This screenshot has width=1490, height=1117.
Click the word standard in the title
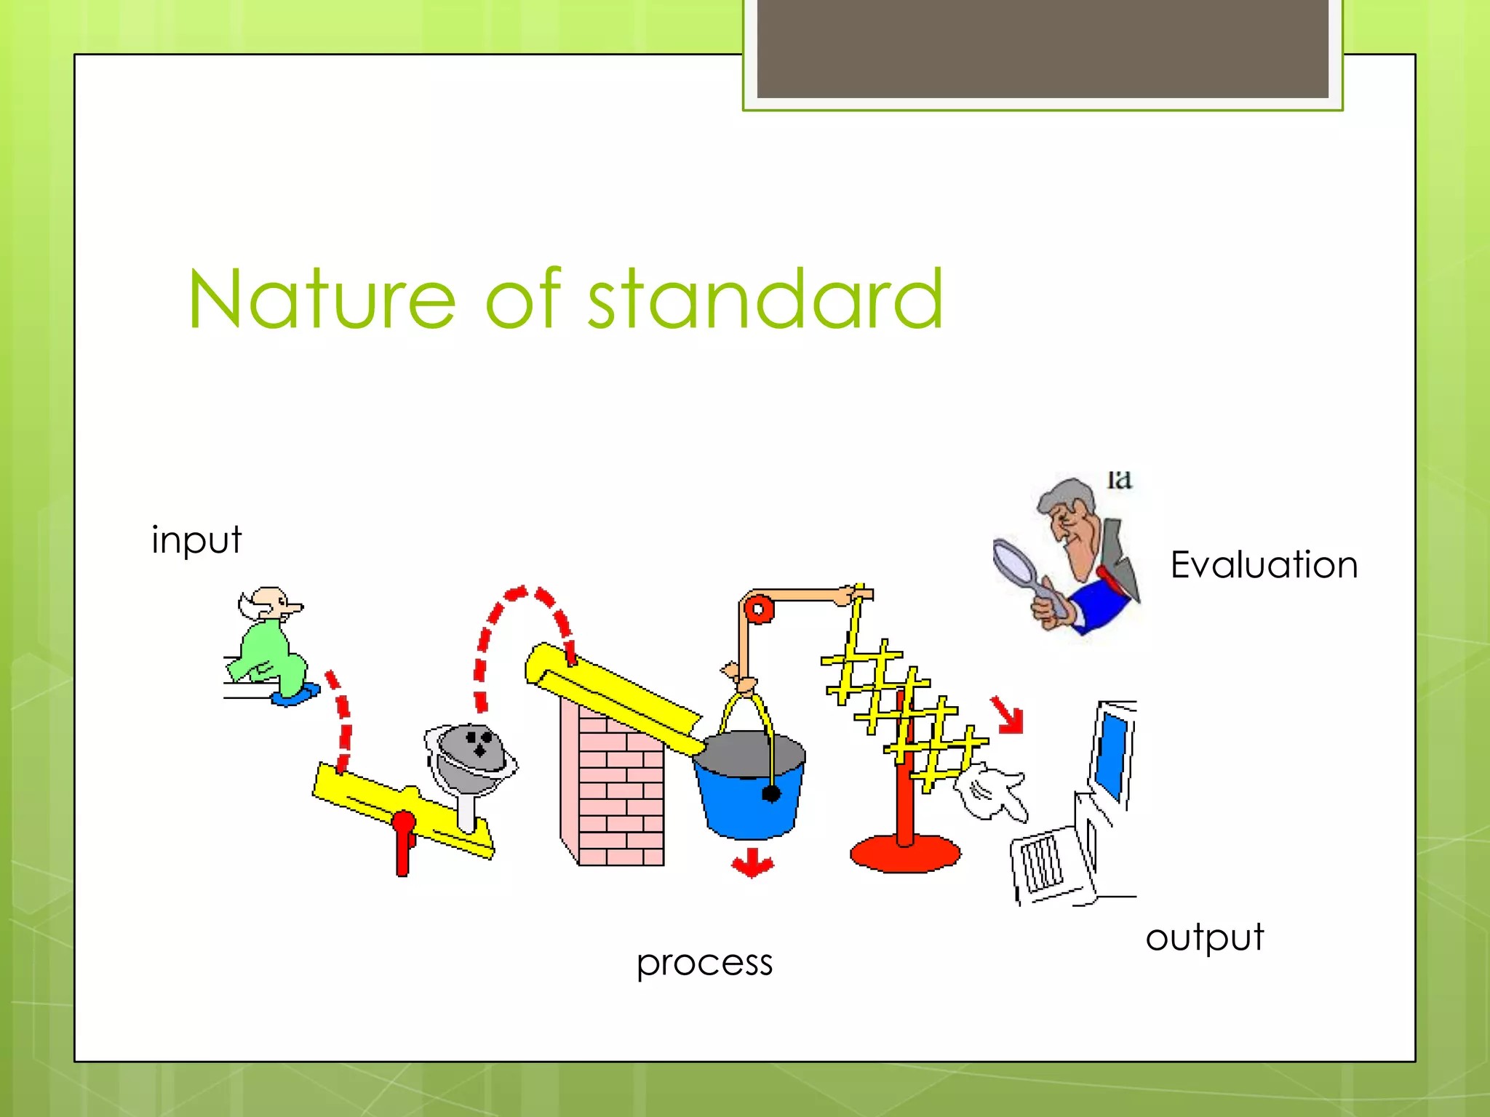765,300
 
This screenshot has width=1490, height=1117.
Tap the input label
196,540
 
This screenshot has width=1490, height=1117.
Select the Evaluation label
1264,565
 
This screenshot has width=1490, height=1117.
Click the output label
1204,938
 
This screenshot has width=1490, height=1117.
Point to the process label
704,964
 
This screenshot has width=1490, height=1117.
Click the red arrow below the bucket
752,863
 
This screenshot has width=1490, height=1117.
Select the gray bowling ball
473,749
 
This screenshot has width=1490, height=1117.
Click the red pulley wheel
759,609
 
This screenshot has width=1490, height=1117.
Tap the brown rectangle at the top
1042,47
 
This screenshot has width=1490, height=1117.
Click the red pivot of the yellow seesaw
403,825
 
